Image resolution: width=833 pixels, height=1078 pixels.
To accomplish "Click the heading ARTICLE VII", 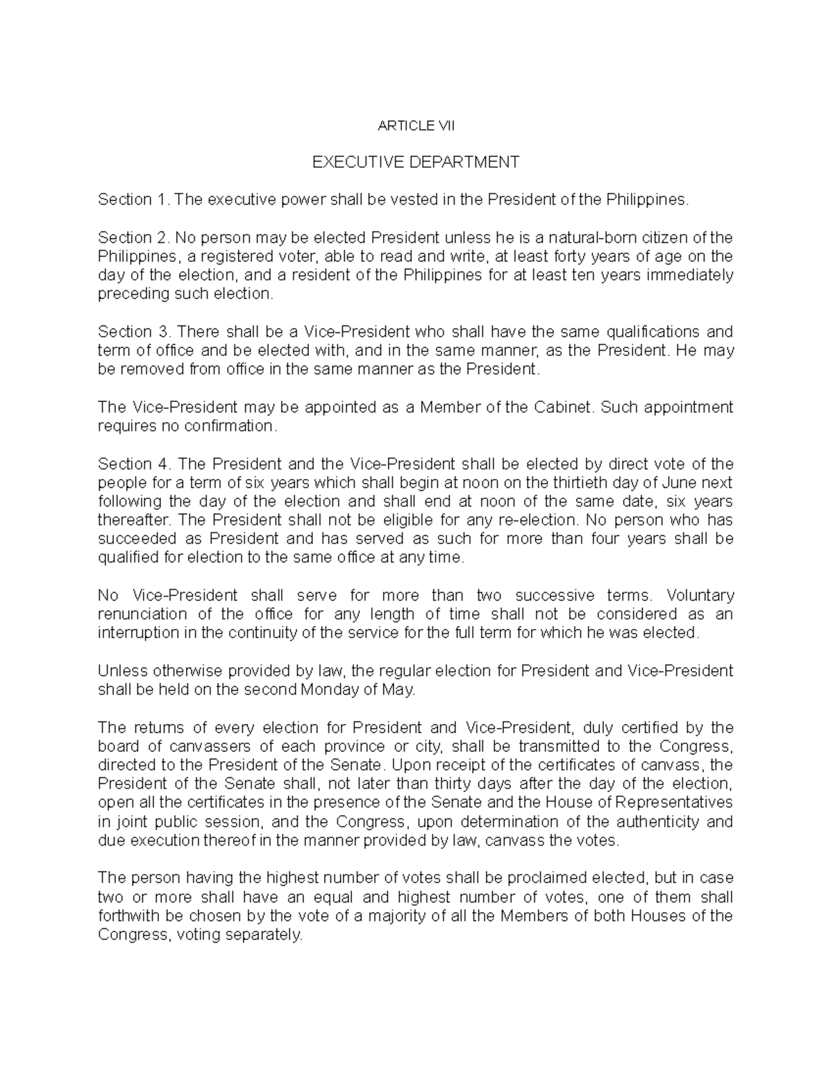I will click(x=416, y=126).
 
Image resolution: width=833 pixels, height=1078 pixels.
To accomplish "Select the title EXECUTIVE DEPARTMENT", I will click(x=416, y=162).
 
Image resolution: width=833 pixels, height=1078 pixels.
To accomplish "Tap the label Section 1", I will click(x=134, y=200).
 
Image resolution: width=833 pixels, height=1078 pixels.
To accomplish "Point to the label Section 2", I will click(x=134, y=237).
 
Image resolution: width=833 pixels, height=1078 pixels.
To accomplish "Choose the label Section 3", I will click(x=134, y=331).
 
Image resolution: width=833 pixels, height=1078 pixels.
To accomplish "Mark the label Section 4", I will click(x=134, y=464).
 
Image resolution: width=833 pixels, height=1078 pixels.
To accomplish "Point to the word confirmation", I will click(x=229, y=426).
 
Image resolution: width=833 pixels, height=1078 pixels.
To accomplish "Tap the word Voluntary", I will click(x=699, y=596).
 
